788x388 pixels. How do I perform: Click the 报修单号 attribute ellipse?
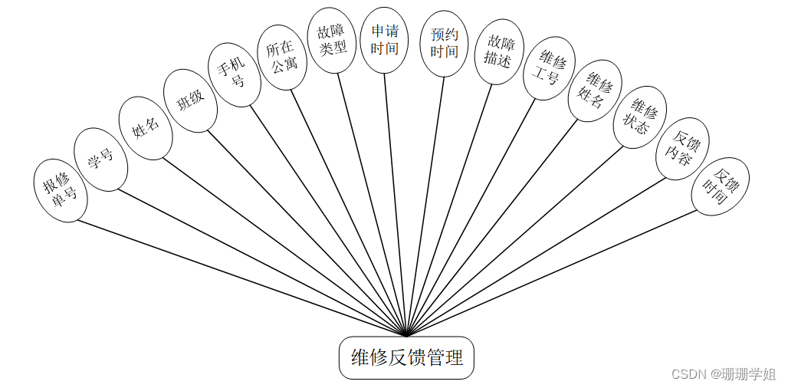point(61,191)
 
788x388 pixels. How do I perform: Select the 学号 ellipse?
point(100,159)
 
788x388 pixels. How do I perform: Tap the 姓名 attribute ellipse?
point(146,128)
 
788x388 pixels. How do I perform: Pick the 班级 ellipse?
point(191,100)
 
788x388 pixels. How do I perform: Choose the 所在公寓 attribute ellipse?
point(281,58)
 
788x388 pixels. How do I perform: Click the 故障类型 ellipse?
point(331,41)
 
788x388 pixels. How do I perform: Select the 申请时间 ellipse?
point(384,41)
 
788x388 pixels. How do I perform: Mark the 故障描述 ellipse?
point(498,51)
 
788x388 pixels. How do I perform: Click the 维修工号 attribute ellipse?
point(548,67)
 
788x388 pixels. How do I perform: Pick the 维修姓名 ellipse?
point(595,90)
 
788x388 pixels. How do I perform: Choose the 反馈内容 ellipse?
point(682,149)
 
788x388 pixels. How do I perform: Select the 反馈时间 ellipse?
point(720,186)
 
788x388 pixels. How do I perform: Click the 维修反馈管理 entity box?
point(406,357)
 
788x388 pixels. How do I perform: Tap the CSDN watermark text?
point(724,374)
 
